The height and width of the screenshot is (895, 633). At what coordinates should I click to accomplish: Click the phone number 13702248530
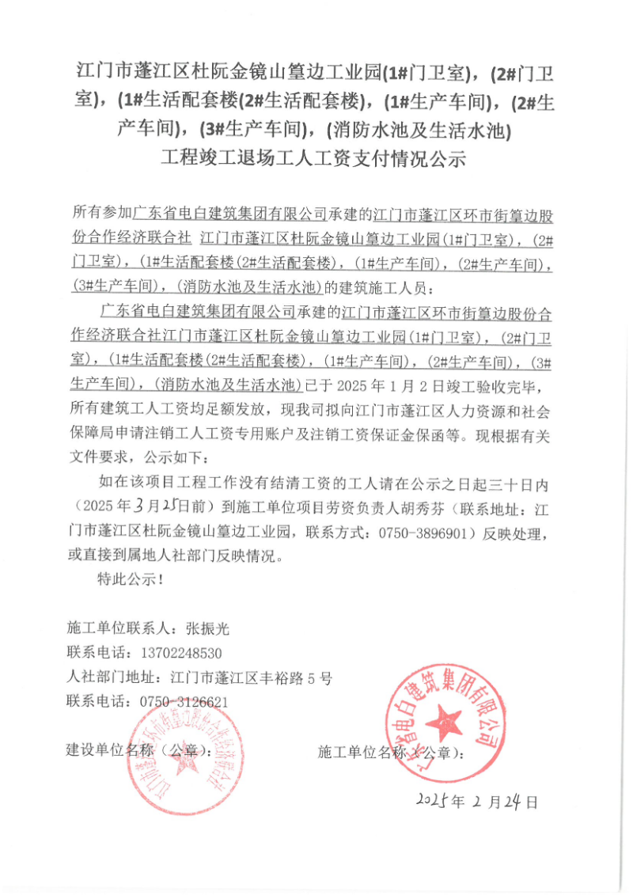click(x=180, y=654)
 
